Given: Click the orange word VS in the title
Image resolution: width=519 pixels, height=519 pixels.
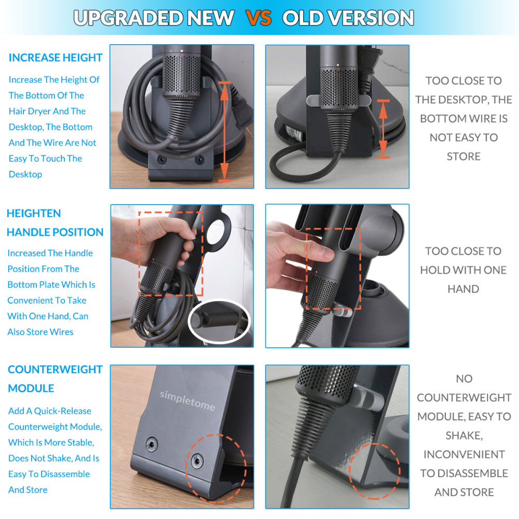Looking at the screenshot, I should click(x=258, y=18).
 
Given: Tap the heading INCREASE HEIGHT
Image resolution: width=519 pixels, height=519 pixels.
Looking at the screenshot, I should click(x=56, y=58).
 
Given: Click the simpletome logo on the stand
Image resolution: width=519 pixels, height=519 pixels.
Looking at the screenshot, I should click(x=187, y=400).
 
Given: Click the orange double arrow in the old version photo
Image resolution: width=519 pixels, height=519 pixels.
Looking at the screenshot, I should click(x=383, y=129).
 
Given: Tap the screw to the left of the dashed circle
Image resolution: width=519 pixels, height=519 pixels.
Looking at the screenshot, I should click(x=151, y=444).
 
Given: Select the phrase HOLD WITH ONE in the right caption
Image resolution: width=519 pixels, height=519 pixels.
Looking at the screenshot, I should click(x=463, y=270).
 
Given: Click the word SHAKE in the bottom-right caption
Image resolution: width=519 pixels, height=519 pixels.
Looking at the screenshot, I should click(x=463, y=435).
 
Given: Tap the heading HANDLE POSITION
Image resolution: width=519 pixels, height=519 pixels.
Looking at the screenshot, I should click(x=55, y=232).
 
